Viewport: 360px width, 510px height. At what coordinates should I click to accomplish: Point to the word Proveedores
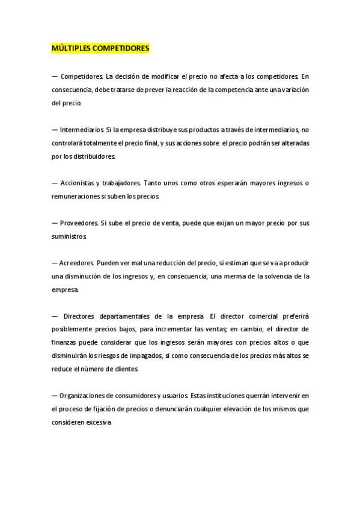point(79,223)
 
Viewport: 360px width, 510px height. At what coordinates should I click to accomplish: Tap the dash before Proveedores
point(55,223)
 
